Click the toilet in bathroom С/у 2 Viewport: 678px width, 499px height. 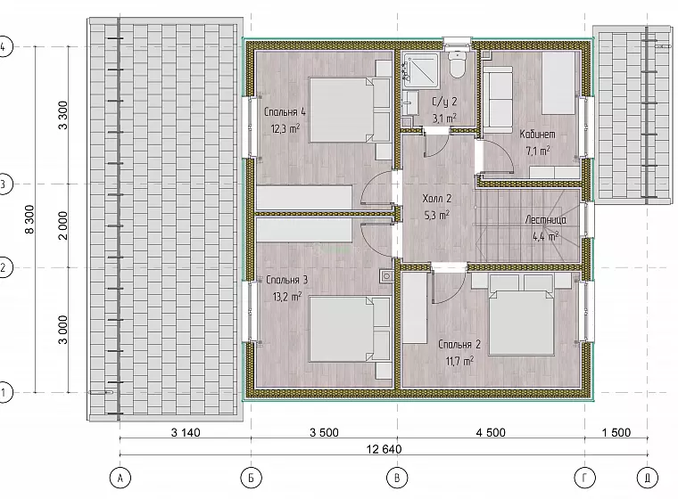tap(457, 65)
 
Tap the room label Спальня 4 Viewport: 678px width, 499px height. tap(285, 112)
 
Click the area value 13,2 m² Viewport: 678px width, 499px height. tap(287, 297)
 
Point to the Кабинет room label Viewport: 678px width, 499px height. tap(537, 135)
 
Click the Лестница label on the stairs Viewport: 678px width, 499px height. tap(545, 220)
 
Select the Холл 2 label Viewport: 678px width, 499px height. tap(437, 199)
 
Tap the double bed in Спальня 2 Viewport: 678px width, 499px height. tap(521, 323)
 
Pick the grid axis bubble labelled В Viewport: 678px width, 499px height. tap(397, 478)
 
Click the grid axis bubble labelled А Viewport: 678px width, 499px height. tap(120, 478)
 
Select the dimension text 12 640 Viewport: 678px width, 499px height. tap(384, 449)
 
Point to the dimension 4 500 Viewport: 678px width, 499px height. tap(491, 432)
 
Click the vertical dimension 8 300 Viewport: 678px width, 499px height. tap(29, 219)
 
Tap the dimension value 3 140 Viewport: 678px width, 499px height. tap(186, 432)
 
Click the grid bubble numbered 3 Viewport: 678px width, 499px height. tap(4, 184)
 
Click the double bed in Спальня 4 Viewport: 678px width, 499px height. tap(341, 110)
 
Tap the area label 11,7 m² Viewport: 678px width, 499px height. tap(459, 361)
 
